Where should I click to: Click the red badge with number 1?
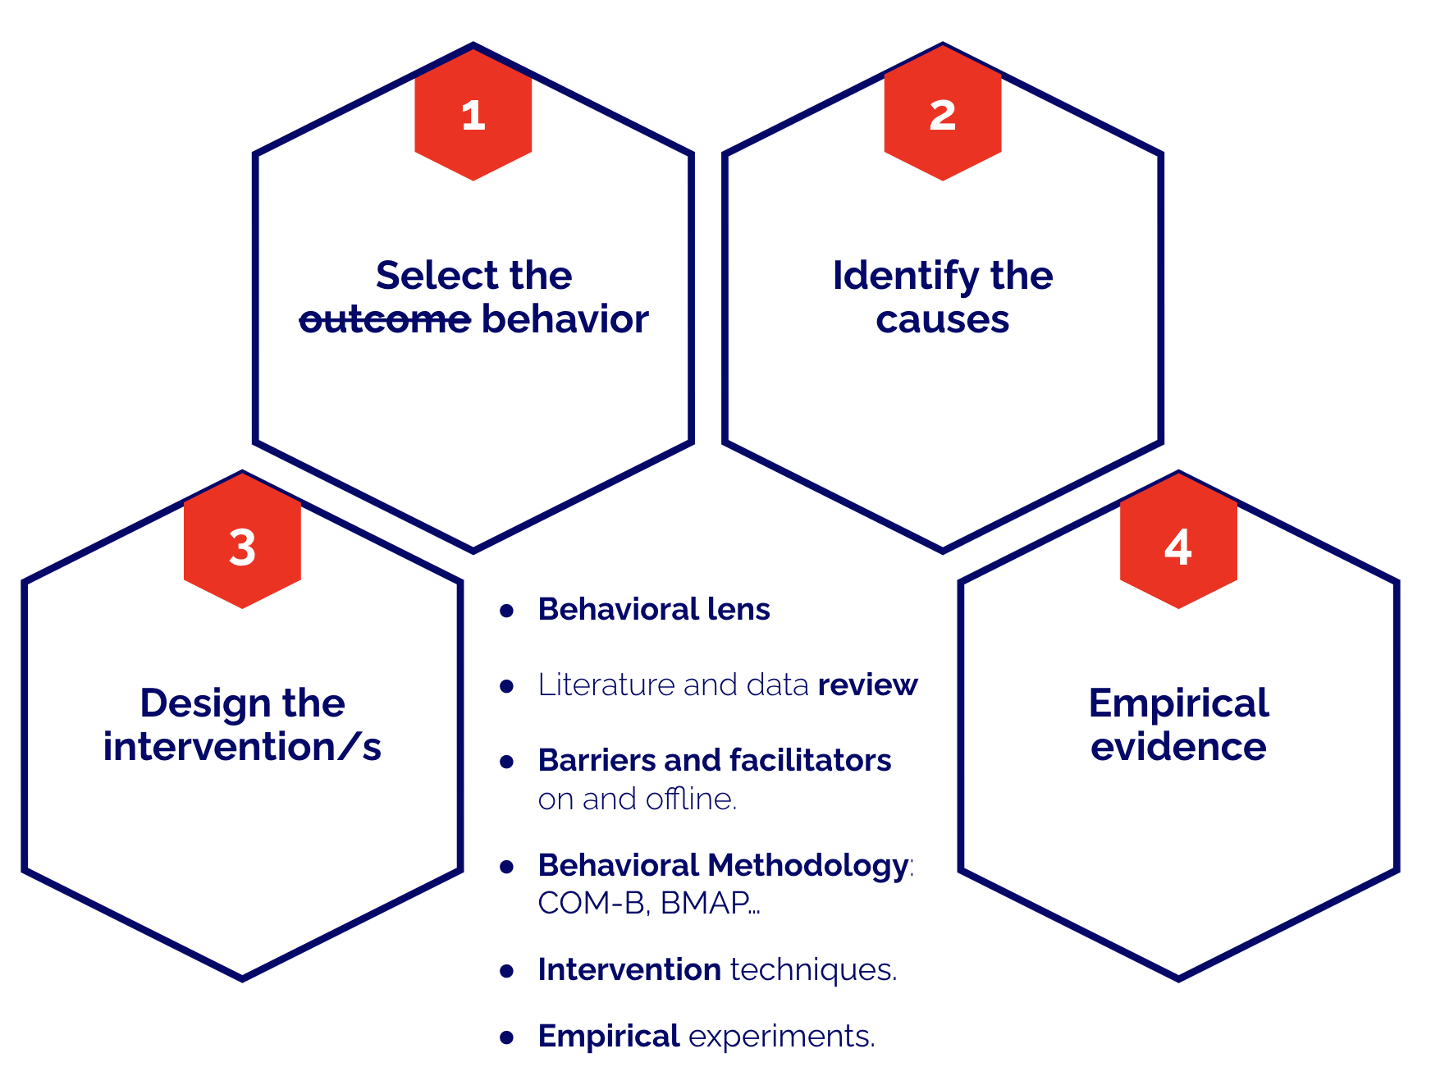coord(473,115)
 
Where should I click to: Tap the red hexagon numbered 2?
coord(942,115)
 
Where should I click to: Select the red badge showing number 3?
coord(242,545)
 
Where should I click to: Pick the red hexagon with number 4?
coord(1178,545)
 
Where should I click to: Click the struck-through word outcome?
coord(385,320)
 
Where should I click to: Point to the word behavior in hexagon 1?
coord(565,320)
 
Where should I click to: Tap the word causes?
coord(942,320)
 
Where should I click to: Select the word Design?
coord(204,704)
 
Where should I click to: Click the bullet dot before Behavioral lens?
coord(507,611)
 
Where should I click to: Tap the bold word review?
coord(867,685)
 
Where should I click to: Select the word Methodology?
coord(807,866)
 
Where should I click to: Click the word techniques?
coord(813,970)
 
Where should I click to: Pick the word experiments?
coord(781,1037)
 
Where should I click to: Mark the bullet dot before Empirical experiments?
coord(507,1037)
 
